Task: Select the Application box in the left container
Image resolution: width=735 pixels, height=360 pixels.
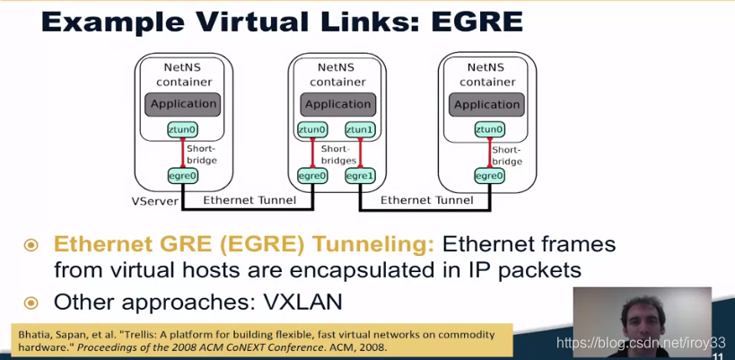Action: click(183, 103)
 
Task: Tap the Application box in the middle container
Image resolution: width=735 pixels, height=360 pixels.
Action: click(337, 103)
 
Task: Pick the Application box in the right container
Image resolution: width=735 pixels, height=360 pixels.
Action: click(487, 103)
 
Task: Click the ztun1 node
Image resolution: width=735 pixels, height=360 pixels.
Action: click(360, 130)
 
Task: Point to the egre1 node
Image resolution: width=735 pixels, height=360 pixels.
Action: click(360, 176)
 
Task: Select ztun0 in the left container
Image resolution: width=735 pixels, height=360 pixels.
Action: click(182, 130)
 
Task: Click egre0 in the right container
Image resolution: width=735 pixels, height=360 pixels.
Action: click(489, 176)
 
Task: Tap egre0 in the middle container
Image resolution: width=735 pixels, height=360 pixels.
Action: click(312, 176)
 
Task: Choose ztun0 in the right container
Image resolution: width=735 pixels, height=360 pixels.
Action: click(489, 130)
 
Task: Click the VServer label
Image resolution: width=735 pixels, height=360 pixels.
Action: click(154, 199)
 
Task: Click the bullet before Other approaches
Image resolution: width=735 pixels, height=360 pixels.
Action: click(32, 301)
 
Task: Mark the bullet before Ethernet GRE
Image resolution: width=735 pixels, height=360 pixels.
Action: click(32, 244)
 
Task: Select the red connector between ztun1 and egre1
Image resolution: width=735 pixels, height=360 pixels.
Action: click(360, 153)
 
